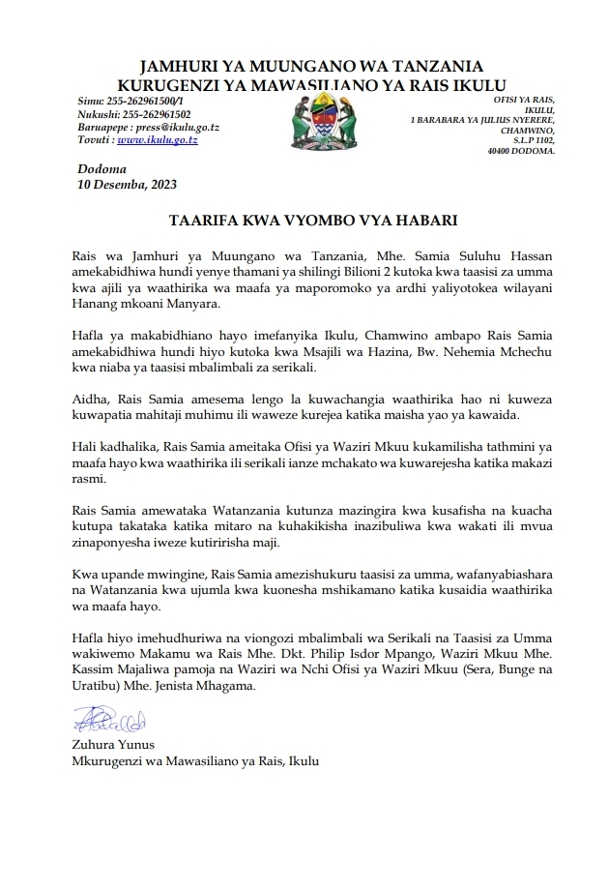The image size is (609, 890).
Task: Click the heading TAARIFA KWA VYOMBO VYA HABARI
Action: pos(305,220)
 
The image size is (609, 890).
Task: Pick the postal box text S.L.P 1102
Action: pos(533,141)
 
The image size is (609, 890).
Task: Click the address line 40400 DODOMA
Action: pos(522,152)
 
